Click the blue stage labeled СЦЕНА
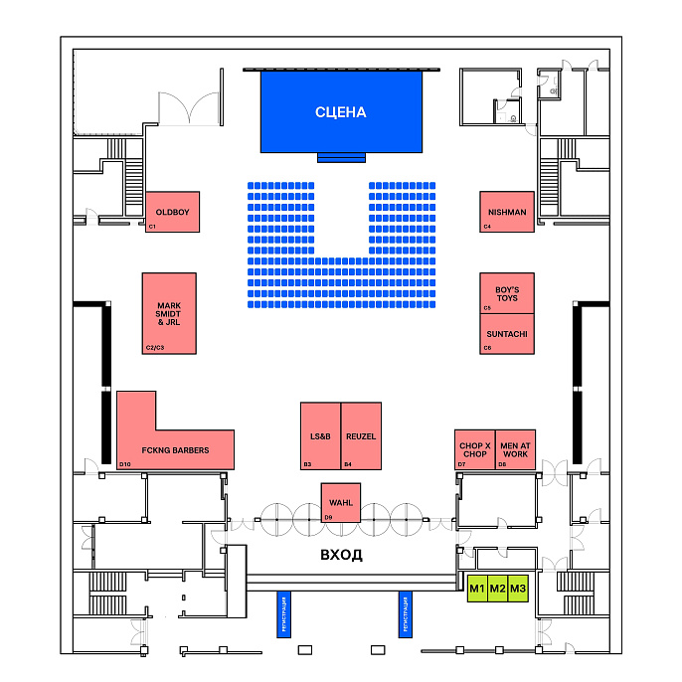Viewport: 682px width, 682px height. click(341, 110)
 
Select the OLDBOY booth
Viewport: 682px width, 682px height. click(172, 212)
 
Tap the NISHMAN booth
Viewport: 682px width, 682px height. click(507, 212)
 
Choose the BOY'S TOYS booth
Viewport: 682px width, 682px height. click(507, 293)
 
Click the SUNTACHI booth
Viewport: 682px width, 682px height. click(507, 335)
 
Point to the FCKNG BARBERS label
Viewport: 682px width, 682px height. click(175, 450)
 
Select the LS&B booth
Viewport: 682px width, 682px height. click(320, 435)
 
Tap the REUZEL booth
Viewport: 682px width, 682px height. click(360, 435)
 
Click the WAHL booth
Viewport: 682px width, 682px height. click(340, 502)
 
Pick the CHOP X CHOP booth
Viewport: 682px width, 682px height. click(474, 450)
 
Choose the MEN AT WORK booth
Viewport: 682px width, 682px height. click(515, 450)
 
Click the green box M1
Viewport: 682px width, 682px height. click(476, 590)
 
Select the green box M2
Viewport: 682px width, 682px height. click(497, 590)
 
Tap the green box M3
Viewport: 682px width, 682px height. click(517, 590)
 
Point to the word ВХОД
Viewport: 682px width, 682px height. click(340, 555)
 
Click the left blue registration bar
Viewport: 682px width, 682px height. click(283, 614)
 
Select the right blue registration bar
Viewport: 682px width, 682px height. click(405, 614)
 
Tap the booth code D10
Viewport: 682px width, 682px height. click(125, 464)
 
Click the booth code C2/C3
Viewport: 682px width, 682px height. click(154, 348)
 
